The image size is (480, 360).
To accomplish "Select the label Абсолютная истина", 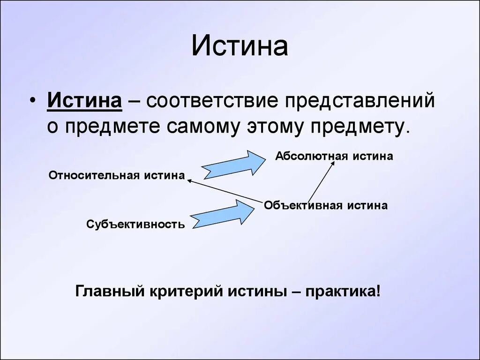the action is pyautogui.click(x=334, y=156).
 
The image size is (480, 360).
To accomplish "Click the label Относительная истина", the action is pyautogui.click(x=117, y=175).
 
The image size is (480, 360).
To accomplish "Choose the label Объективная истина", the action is pyautogui.click(x=326, y=205).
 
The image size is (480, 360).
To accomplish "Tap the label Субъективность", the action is pyautogui.click(x=135, y=225).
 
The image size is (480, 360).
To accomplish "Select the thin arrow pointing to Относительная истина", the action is pyautogui.click(x=224, y=190).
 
